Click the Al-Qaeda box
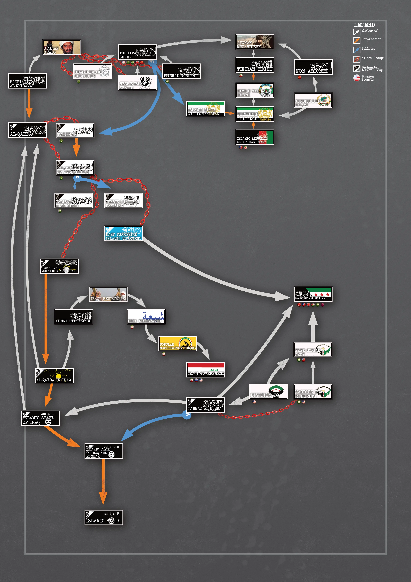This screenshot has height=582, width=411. click(x=28, y=130)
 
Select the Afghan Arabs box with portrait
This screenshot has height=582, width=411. click(x=62, y=47)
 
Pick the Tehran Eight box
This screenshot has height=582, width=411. click(x=255, y=65)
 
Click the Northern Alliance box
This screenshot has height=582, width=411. click(x=255, y=114)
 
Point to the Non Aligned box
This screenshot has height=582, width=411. click(x=313, y=67)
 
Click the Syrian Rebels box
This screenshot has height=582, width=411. click(x=313, y=294)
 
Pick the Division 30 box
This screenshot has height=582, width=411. click(x=268, y=392)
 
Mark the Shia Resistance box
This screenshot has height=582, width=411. click(x=146, y=317)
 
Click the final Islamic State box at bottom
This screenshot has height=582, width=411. click(x=103, y=517)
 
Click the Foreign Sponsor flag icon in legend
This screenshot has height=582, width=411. click(x=357, y=78)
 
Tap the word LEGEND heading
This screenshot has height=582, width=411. click(x=364, y=25)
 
